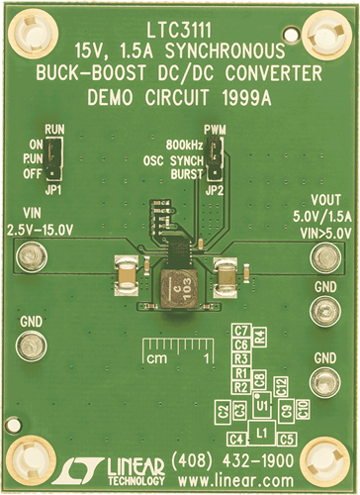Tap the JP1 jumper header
click(x=53, y=159)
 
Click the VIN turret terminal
click(x=32, y=256)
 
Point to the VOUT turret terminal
click(x=326, y=256)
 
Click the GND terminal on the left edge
click(x=32, y=346)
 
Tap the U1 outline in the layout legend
click(x=262, y=406)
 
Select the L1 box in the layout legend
click(x=262, y=433)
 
